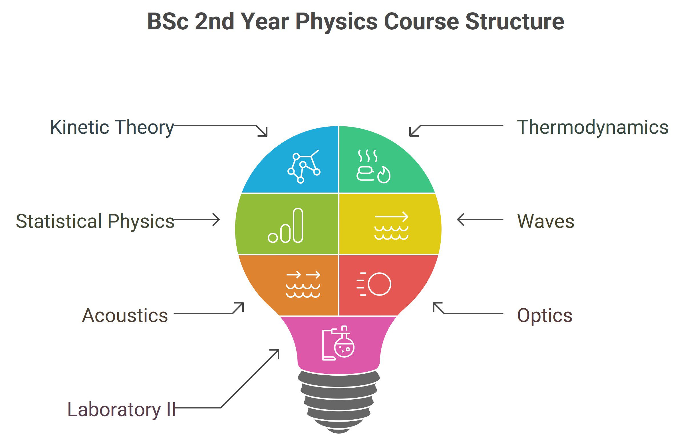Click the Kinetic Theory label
(x=112, y=127)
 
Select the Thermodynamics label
(x=593, y=127)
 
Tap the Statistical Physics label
(x=95, y=221)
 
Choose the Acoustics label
(x=125, y=315)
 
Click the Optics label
(x=545, y=315)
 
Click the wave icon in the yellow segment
(x=391, y=226)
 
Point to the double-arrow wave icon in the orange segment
(x=303, y=284)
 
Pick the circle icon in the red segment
(x=379, y=284)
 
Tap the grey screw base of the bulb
(x=339, y=400)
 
